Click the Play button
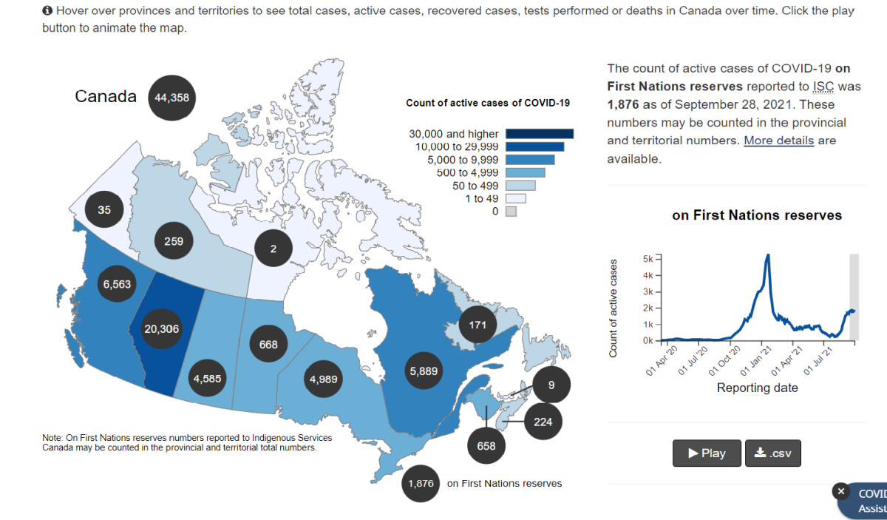(x=707, y=453)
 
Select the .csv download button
(x=772, y=453)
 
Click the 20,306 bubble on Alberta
(x=161, y=329)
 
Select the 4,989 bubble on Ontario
(x=324, y=379)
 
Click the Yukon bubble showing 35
(x=104, y=210)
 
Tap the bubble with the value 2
(x=273, y=249)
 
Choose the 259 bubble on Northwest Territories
(x=174, y=241)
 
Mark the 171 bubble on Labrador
(x=478, y=325)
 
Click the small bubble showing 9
(x=551, y=385)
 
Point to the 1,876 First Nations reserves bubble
(x=421, y=484)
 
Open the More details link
(x=778, y=141)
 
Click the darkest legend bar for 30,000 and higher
(x=540, y=134)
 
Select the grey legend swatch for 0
(x=511, y=212)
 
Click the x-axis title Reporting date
(x=757, y=388)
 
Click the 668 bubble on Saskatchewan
(x=268, y=345)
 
